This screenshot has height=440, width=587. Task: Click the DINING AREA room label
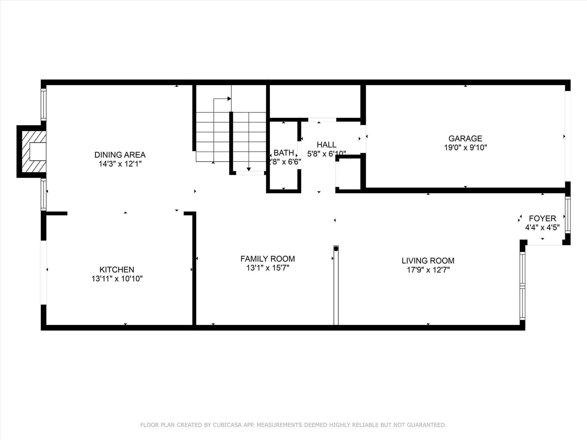click(120, 155)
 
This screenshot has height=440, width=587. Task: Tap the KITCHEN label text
click(117, 270)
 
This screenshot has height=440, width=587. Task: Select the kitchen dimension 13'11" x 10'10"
click(117, 279)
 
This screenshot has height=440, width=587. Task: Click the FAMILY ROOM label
click(267, 259)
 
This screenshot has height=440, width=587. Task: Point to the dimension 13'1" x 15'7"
click(267, 268)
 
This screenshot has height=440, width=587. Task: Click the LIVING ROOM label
click(428, 261)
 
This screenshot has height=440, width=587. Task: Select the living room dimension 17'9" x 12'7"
click(428, 270)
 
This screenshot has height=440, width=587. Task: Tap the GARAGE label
click(465, 139)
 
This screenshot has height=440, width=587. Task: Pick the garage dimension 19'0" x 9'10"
click(465, 148)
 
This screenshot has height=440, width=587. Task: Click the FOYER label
click(542, 219)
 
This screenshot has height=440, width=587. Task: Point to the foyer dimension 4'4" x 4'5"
click(542, 228)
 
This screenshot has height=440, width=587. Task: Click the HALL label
click(326, 145)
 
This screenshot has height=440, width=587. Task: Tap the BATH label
click(283, 153)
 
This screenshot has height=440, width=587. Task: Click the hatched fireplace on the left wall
click(32, 152)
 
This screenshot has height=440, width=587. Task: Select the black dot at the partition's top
click(336, 249)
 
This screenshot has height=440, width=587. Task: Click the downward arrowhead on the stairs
click(249, 169)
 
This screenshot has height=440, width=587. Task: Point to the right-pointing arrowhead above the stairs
click(229, 99)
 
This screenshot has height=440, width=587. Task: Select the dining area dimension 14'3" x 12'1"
click(120, 164)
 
